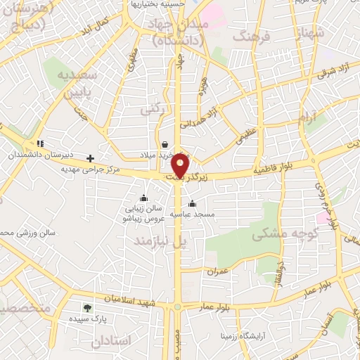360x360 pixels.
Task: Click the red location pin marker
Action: point(181,164)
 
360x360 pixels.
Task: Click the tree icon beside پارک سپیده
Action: point(87,307)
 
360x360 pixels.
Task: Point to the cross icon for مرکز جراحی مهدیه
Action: point(90,158)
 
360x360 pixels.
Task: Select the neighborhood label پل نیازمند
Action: point(162,241)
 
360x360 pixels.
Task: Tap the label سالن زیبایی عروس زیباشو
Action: point(143,213)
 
